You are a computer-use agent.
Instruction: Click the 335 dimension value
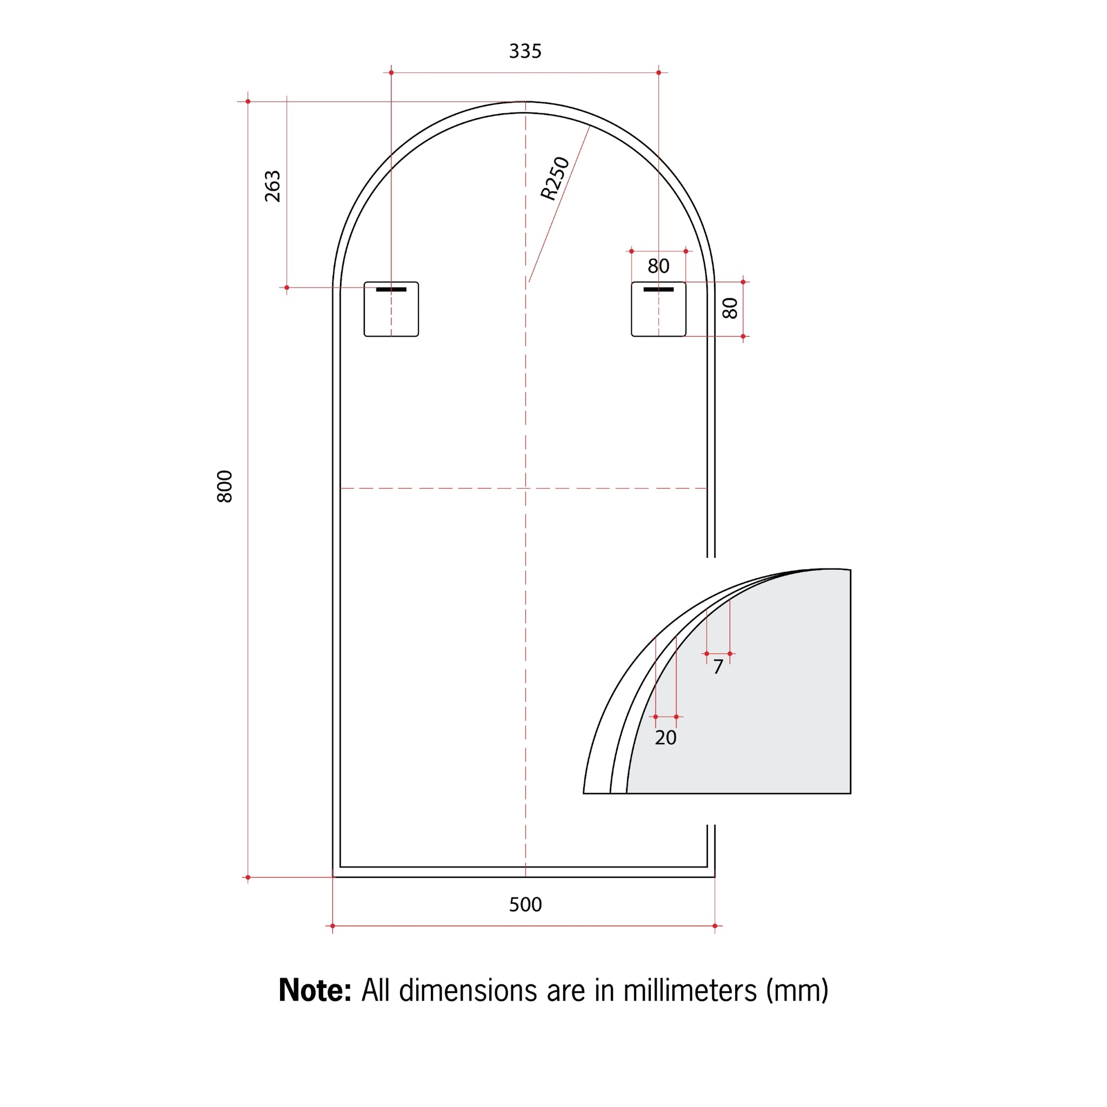[525, 51]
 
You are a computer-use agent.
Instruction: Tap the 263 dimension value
[273, 186]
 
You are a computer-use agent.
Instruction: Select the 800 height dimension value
[225, 486]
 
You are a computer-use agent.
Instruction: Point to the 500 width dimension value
[525, 905]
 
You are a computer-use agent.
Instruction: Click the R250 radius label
[555, 178]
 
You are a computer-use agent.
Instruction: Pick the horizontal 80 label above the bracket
[658, 266]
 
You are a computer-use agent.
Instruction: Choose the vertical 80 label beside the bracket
[730, 308]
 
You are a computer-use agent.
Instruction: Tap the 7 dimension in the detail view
[718, 667]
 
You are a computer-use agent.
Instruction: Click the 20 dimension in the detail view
[665, 738]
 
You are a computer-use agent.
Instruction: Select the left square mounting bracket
[391, 312]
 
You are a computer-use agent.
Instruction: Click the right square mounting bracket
[658, 312]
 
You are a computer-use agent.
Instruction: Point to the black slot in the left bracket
[391, 289]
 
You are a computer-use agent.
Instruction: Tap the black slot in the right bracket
[658, 289]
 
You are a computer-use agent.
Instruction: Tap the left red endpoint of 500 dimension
[332, 926]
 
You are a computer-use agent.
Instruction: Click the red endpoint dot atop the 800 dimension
[248, 102]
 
